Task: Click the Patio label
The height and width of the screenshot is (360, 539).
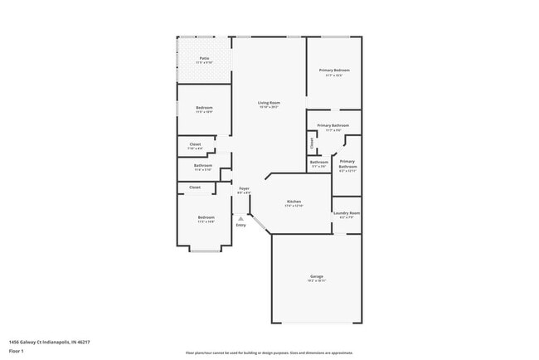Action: [x=203, y=58]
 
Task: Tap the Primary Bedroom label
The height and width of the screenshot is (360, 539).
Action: [x=334, y=71]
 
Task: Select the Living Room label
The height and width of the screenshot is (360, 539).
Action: [x=269, y=103]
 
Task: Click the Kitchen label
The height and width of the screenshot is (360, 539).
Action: [x=294, y=202]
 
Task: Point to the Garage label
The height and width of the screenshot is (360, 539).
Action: [x=317, y=276]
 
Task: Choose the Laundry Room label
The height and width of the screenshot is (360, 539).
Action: [x=347, y=213]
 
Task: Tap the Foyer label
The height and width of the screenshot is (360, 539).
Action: [x=244, y=189]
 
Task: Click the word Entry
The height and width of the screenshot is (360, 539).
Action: [x=240, y=225]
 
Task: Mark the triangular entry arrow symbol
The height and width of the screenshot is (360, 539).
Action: [x=240, y=218]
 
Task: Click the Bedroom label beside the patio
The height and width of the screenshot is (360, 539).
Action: [x=204, y=109]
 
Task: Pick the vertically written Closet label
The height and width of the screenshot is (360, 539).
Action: [x=312, y=142]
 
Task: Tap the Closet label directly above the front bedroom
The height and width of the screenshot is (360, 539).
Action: [x=195, y=187]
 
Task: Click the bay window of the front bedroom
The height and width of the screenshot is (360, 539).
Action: [x=205, y=249]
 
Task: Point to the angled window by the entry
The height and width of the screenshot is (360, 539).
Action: [x=260, y=224]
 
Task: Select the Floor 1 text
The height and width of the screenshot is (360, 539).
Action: [x=17, y=351]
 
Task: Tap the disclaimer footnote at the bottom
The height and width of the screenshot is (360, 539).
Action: [x=269, y=353]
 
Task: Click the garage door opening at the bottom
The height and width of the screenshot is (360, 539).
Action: [x=317, y=323]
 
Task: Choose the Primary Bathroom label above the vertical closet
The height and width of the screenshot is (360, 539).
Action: [x=332, y=126]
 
